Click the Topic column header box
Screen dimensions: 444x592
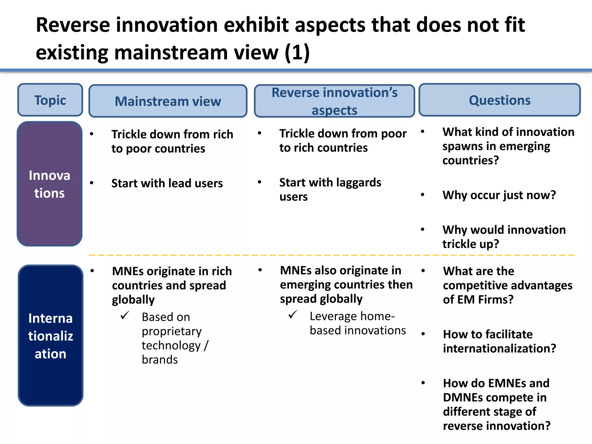50,100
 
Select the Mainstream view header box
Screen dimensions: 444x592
168,101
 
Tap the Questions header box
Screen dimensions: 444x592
499,100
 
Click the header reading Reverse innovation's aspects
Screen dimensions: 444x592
334,101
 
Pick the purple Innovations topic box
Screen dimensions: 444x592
49,184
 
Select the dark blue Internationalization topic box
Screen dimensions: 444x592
50,335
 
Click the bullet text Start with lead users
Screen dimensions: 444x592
167,183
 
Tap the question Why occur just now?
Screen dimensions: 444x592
499,195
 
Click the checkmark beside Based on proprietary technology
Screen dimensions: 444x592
125,315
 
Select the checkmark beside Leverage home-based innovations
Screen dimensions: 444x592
293,314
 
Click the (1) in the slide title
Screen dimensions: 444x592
297,53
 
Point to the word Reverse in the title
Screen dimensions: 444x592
73,25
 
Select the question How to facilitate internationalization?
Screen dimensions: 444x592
499,341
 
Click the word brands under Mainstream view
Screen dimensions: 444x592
160,360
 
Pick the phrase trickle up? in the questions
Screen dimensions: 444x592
470,244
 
